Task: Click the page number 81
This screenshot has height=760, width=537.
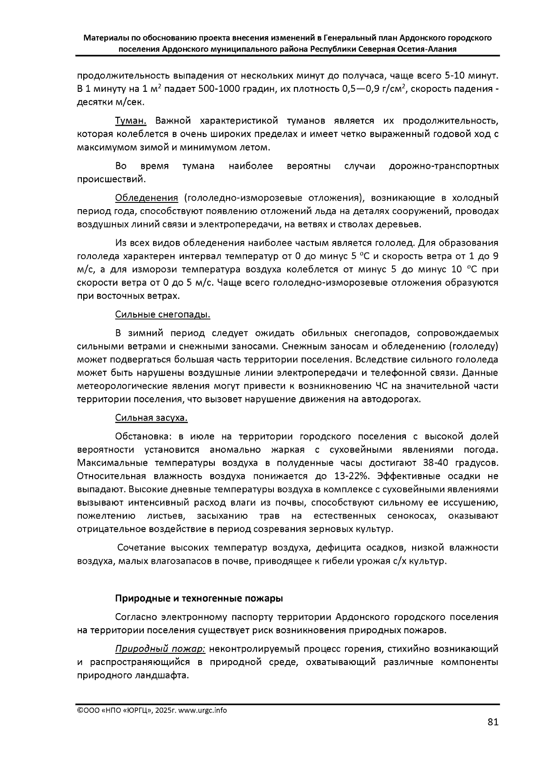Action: tap(493, 722)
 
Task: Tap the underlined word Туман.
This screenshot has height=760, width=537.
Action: tap(131, 121)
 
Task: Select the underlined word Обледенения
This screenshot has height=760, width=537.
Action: tap(147, 198)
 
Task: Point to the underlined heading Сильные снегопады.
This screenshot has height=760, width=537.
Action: tap(162, 314)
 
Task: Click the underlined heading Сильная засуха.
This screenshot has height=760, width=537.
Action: tap(151, 418)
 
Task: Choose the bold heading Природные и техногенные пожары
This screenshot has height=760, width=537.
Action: tap(199, 598)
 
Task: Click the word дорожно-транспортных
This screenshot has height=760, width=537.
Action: tap(443, 167)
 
